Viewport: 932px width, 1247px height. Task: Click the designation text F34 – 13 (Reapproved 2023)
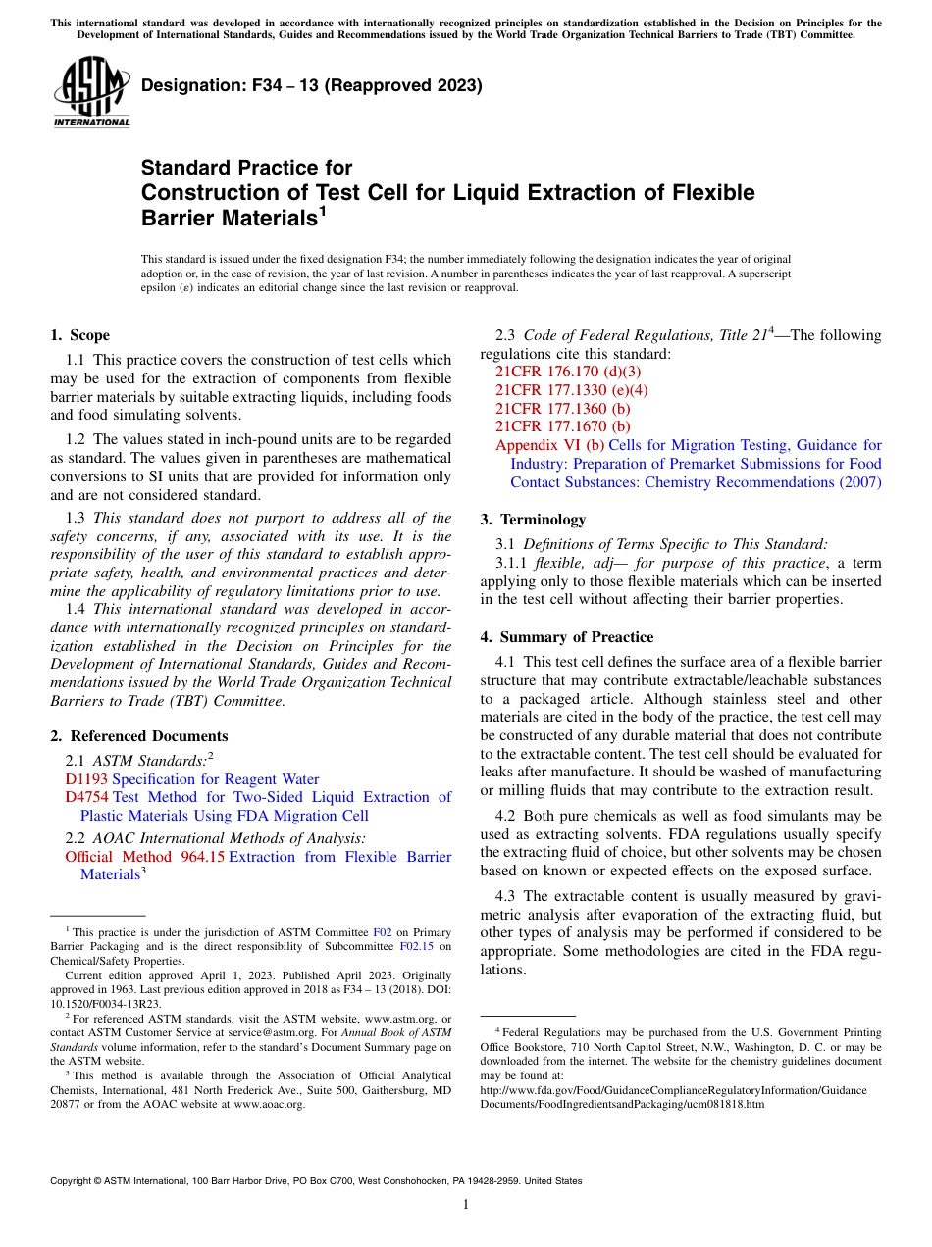(311, 85)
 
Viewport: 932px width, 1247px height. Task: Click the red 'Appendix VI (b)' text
(549, 445)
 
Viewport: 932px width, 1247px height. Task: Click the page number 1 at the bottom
(466, 1205)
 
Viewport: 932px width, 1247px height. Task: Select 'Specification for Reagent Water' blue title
(216, 779)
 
